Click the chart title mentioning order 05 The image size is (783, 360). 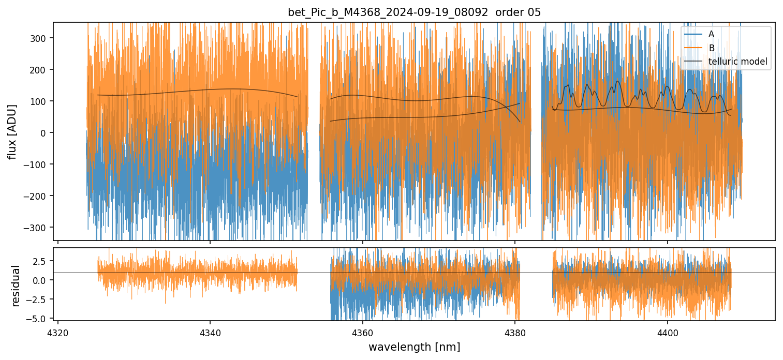click(x=414, y=12)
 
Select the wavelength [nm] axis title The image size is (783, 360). click(x=414, y=347)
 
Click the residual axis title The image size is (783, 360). click(x=16, y=286)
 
